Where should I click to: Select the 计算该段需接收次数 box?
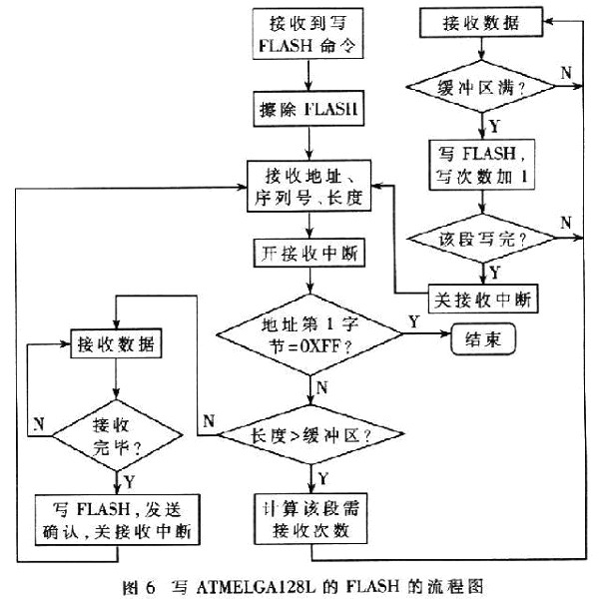(308, 520)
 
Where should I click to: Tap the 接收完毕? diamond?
(119, 435)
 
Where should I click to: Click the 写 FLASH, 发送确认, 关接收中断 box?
(119, 520)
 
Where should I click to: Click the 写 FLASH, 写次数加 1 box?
(485, 166)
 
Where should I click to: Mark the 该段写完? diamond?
(485, 241)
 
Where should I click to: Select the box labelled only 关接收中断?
(485, 297)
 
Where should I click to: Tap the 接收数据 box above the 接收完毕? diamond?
(119, 345)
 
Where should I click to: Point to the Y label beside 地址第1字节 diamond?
(412, 321)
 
